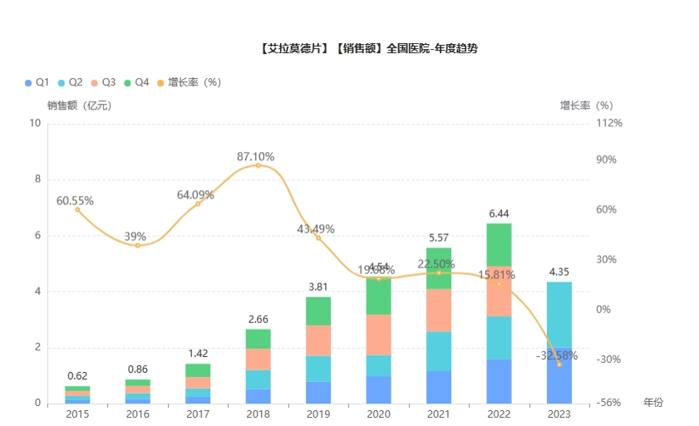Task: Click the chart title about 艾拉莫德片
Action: click(368, 49)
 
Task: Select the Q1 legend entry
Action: click(37, 82)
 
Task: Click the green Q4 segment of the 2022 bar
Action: click(499, 244)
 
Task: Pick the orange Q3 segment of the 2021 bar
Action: click(438, 310)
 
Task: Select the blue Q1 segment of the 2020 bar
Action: click(378, 389)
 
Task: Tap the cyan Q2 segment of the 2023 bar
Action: click(559, 314)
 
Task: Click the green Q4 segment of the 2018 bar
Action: click(258, 338)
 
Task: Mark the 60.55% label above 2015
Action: click(75, 201)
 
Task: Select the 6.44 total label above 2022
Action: click(499, 213)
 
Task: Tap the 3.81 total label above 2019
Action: click(318, 286)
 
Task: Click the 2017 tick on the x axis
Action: click(198, 414)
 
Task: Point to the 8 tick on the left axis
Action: click(36, 179)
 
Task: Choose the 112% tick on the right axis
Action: click(608, 123)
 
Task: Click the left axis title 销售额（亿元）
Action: click(79, 105)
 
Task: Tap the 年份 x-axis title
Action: click(653, 402)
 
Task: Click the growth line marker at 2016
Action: click(138, 245)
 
